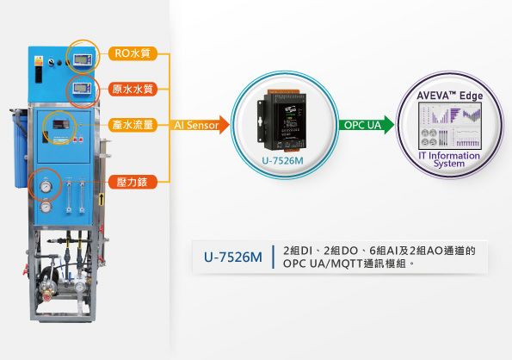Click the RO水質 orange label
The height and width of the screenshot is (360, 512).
[x=133, y=53]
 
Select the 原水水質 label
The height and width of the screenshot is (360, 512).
[x=133, y=89]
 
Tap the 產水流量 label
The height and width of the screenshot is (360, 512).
[x=133, y=125]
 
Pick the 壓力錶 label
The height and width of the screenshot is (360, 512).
[x=133, y=182]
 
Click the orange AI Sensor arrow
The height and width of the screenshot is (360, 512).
[x=200, y=125]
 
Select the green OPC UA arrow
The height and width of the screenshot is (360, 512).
[x=367, y=125]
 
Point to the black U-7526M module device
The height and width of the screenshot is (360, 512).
[x=282, y=121]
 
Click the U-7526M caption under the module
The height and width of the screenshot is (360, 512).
[x=282, y=161]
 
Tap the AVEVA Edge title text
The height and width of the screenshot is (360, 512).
[x=450, y=96]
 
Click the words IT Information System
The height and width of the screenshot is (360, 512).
[x=449, y=159]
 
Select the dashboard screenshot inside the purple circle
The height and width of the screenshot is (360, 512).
[x=450, y=126]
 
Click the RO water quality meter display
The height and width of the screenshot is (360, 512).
[x=81, y=59]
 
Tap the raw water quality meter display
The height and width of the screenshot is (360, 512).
[x=80, y=88]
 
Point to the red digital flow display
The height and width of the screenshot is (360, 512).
[x=61, y=125]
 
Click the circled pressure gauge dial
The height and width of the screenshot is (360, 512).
[x=46, y=187]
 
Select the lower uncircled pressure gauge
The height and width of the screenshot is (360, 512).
[x=46, y=207]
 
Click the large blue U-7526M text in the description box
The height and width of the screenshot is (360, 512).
[x=233, y=258]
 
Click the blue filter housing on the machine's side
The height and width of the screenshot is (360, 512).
[x=21, y=149]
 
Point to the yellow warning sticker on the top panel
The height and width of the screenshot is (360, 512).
[x=39, y=60]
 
